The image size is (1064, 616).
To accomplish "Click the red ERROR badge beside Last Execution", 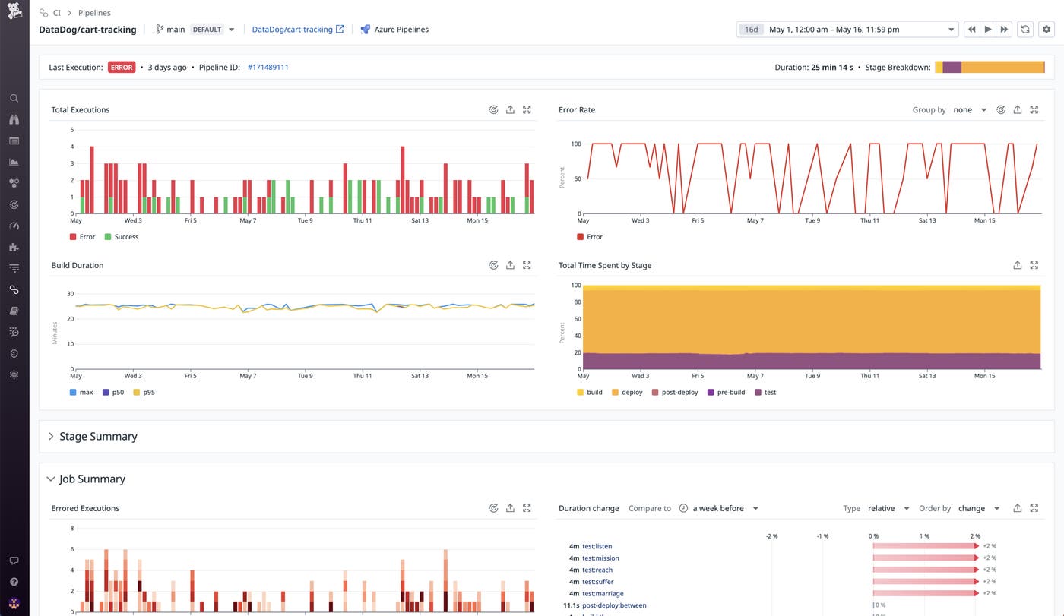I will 122,68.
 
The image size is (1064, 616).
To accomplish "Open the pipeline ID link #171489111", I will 268,68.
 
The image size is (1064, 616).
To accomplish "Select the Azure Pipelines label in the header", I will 401,30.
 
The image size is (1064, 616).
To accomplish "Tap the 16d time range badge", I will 751,30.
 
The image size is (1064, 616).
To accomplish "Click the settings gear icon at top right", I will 1047,30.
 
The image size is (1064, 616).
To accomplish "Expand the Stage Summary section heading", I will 98,437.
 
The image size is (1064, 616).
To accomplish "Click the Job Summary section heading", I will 92,479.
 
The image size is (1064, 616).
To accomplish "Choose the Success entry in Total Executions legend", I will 126,237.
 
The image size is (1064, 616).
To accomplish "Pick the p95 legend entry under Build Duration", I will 149,393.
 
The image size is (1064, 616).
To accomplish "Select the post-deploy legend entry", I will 679,393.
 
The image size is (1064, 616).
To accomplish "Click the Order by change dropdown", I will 978,508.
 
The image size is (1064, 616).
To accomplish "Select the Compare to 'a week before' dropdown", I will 724,508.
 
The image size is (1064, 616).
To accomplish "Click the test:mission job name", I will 600,558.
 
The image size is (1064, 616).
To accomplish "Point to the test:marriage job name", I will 603,594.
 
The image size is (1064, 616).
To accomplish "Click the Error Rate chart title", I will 577,110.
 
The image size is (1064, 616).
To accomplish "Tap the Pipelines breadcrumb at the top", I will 94,13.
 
